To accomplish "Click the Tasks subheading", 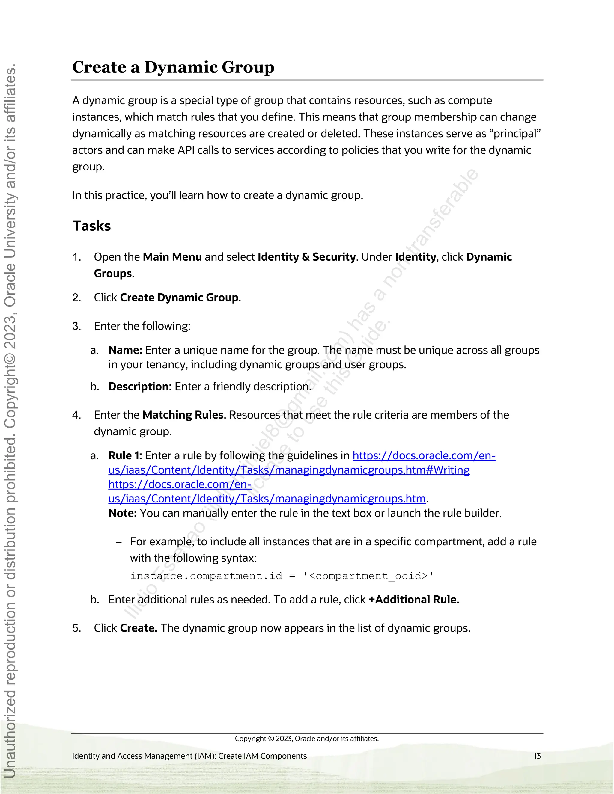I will click(x=91, y=226).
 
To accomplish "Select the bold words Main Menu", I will click(x=172, y=257).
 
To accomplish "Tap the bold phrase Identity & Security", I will click(x=306, y=257).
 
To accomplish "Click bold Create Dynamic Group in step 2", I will click(x=179, y=298).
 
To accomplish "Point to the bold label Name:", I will click(x=125, y=350).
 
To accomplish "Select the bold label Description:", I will click(x=140, y=387).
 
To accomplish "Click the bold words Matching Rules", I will click(x=183, y=415).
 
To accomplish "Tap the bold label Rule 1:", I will click(x=125, y=455).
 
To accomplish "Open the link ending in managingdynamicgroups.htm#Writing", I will click(x=289, y=470).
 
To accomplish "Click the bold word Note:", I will click(x=123, y=513).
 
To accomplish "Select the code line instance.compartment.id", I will click(x=282, y=576).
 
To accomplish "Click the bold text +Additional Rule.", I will click(x=413, y=600).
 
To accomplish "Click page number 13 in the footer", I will click(x=537, y=756).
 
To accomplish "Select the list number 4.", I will click(x=76, y=415).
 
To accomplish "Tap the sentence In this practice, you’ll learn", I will click(x=218, y=195).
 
